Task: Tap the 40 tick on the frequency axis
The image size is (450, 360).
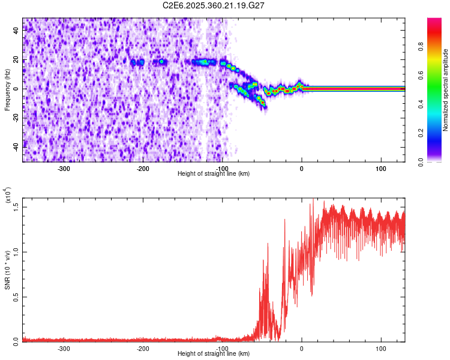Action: tap(16, 31)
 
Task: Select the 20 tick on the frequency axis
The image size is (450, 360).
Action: tap(16, 60)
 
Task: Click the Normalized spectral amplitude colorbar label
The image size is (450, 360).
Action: tap(445, 90)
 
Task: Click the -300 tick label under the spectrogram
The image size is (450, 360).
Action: tap(64, 169)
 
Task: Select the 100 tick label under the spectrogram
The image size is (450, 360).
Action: tap(381, 169)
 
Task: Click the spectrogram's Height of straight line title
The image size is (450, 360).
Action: tap(214, 174)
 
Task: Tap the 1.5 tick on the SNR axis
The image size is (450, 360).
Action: tap(16, 206)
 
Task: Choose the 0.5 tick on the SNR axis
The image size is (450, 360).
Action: tap(16, 296)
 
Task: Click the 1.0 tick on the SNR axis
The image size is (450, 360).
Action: tap(16, 251)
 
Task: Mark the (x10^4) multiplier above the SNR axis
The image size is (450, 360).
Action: tap(8, 196)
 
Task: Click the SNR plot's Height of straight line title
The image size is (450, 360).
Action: tap(214, 354)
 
